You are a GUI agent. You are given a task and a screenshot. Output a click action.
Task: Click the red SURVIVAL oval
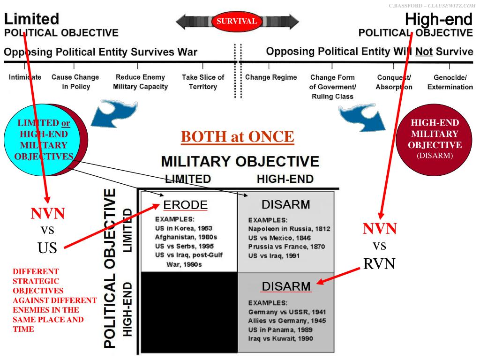tap(236, 21)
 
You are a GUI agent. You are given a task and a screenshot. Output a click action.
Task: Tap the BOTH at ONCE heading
tap(237, 137)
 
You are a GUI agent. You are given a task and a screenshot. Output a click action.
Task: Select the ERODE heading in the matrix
tap(185, 205)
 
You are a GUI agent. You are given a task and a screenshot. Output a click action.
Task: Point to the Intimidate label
tap(25, 77)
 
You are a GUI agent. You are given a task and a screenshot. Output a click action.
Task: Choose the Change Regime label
tap(271, 77)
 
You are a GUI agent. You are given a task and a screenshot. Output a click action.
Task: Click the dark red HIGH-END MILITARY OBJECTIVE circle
tap(435, 139)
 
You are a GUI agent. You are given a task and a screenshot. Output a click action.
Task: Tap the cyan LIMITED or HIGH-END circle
tap(40, 139)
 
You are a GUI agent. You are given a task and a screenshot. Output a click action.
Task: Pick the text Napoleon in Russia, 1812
tap(289, 229)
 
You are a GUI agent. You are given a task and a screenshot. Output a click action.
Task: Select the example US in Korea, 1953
tap(180, 228)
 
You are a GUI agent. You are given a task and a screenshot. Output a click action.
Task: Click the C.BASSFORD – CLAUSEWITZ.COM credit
tap(432, 5)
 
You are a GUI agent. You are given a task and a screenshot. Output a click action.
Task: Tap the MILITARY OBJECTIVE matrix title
tap(240, 162)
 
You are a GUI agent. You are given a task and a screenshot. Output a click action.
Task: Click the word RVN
tap(379, 264)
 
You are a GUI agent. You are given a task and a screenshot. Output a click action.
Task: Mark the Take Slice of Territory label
tap(202, 82)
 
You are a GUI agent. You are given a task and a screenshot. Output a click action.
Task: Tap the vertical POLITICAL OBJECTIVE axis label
tap(109, 269)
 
